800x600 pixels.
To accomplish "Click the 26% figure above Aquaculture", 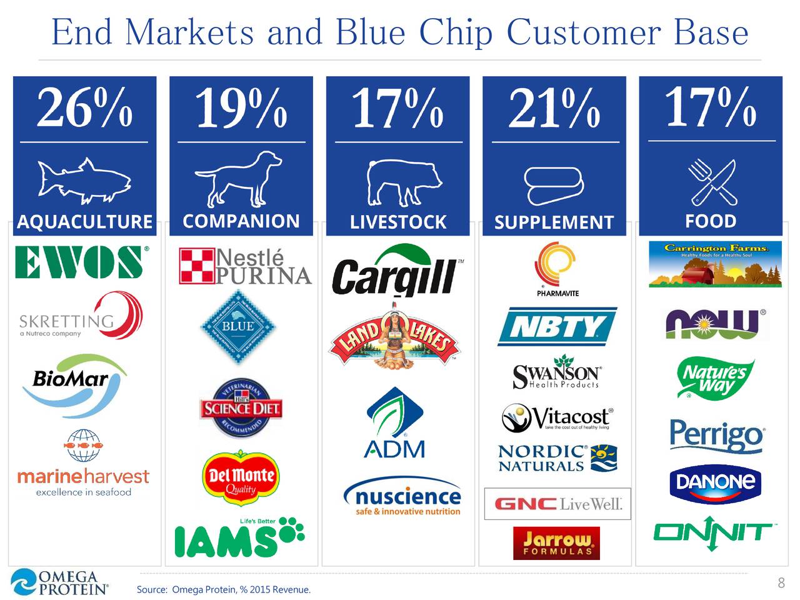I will (x=84, y=107).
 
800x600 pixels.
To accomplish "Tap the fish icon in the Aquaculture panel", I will (x=84, y=181).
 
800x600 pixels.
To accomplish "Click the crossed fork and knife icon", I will (x=712, y=182).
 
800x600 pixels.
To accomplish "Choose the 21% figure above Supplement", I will (x=554, y=107).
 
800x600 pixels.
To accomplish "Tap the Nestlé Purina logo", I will (x=245, y=266).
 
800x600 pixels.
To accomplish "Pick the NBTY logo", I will (x=557, y=326).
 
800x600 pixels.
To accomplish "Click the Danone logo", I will (x=715, y=482).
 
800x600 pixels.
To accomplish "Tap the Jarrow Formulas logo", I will (x=556, y=542).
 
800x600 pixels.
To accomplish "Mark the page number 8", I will (x=781, y=583).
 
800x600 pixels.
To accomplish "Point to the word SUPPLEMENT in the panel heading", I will (x=554, y=222).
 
